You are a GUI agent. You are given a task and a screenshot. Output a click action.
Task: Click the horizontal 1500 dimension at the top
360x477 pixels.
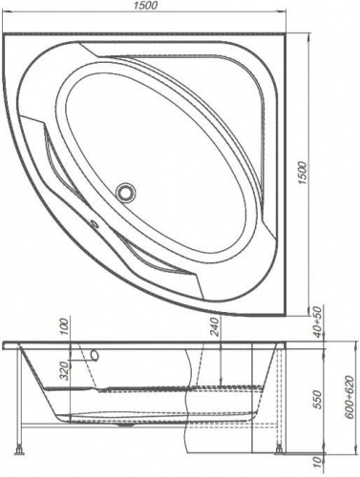coord(145,6)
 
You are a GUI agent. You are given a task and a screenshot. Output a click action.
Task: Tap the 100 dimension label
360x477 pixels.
coord(64,327)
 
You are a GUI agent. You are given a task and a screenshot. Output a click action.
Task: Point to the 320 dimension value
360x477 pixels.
coord(65,371)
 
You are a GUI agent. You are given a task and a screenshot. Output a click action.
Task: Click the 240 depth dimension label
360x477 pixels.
coord(215,327)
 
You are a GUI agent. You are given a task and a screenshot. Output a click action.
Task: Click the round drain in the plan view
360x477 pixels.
coord(126,192)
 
